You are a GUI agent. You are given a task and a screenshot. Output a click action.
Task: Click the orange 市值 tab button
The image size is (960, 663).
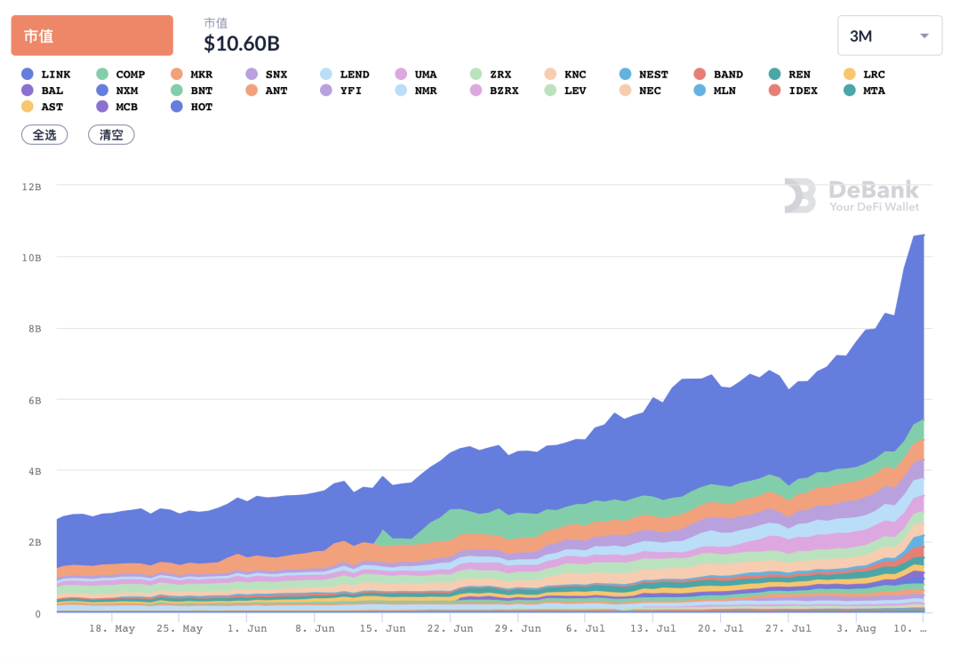92,36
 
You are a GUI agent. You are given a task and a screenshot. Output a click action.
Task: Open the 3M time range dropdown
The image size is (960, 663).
889,36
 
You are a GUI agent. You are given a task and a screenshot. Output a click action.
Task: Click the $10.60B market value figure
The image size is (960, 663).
241,43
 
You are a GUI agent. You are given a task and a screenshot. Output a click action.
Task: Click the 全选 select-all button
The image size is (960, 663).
44,135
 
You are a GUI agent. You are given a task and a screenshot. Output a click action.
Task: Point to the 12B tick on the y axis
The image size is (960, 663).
32,186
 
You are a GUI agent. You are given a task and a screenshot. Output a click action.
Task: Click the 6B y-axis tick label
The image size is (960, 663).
35,400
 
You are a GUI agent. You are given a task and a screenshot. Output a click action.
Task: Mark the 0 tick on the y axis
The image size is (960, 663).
38,613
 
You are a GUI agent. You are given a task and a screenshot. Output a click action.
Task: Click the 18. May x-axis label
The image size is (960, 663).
112,628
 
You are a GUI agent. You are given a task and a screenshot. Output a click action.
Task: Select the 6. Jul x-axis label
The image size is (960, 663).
585,628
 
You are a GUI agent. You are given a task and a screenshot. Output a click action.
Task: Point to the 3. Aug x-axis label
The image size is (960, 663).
858,628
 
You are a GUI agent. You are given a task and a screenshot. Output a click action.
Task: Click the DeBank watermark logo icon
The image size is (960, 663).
799,196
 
